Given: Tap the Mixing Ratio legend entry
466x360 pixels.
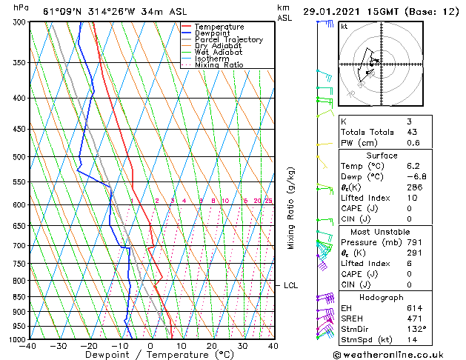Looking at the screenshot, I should click(219, 65).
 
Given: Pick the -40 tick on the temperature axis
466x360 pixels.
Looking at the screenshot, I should click(28, 346).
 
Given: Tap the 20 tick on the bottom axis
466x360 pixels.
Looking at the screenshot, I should click(212, 346).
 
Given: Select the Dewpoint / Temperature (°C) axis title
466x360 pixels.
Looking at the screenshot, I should click(149, 355).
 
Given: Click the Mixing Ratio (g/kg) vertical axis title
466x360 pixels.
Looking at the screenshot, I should click(292, 208).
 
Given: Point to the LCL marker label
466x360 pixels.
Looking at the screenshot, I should click(290, 285).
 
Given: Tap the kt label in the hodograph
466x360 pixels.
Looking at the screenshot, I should click(344, 27).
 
